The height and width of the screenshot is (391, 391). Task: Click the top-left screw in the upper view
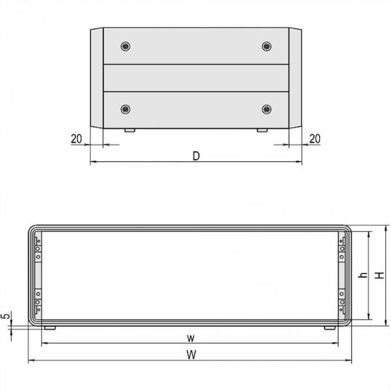click(x=125, y=46)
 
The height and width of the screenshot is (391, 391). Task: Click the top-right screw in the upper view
click(x=266, y=46)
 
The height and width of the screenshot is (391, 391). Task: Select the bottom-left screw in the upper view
click(x=125, y=109)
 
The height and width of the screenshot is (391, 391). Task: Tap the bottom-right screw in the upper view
click(x=266, y=109)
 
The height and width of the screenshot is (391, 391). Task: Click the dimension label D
click(x=196, y=156)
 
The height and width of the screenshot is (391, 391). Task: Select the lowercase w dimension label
click(x=191, y=337)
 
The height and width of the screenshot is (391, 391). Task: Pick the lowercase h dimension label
click(x=363, y=275)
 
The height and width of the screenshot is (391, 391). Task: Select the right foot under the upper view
click(x=262, y=129)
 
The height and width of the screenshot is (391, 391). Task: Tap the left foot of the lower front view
click(x=49, y=327)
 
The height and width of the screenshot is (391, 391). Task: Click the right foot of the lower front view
click(x=330, y=327)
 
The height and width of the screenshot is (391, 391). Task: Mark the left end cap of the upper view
click(x=96, y=78)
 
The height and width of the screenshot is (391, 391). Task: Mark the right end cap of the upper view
click(x=295, y=78)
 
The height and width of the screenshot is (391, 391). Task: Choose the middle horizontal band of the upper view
click(x=196, y=78)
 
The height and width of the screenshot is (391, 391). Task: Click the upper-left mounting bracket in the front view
click(x=38, y=248)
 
